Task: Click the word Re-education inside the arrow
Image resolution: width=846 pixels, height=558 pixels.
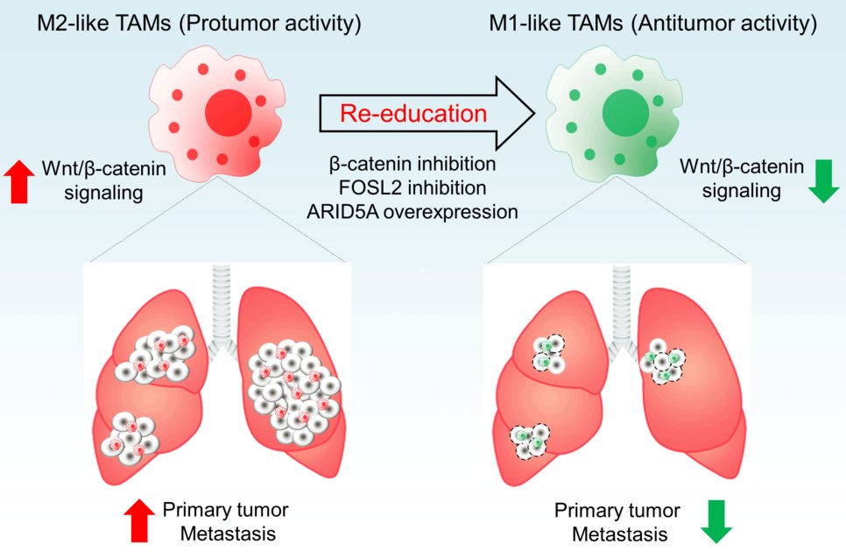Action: point(412,113)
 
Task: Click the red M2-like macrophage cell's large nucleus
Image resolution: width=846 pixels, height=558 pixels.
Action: point(229,113)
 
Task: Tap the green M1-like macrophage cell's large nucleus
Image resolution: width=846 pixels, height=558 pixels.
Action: point(624,112)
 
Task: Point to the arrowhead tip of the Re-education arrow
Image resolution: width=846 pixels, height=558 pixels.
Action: point(534,113)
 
